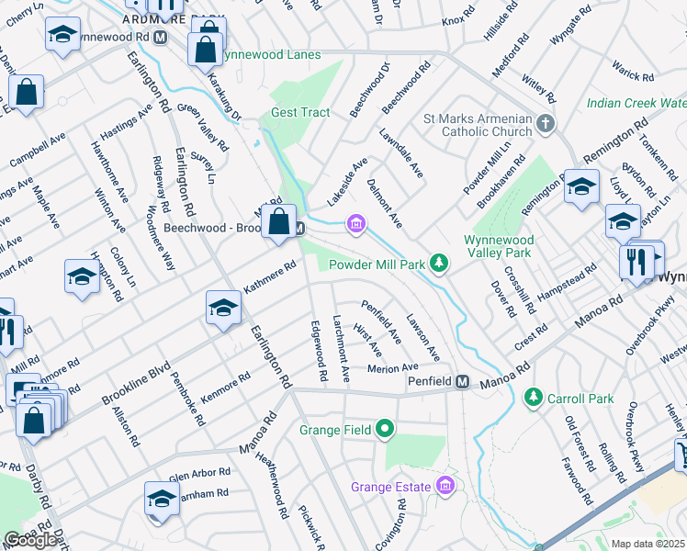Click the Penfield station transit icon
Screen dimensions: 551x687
464,381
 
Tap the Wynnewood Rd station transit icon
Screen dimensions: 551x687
161,37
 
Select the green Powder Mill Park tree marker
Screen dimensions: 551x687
440,264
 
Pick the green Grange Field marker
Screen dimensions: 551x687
385,429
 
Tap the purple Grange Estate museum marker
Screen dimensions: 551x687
446,484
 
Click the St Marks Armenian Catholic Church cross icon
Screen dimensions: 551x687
546,123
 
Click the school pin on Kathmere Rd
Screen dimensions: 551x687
222,308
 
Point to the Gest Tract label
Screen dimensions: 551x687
300,113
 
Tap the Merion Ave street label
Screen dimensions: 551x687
392,368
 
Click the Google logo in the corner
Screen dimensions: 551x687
30,540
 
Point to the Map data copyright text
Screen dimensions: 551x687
648,544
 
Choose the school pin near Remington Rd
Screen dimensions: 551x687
580,186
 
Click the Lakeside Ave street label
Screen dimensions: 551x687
348,181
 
